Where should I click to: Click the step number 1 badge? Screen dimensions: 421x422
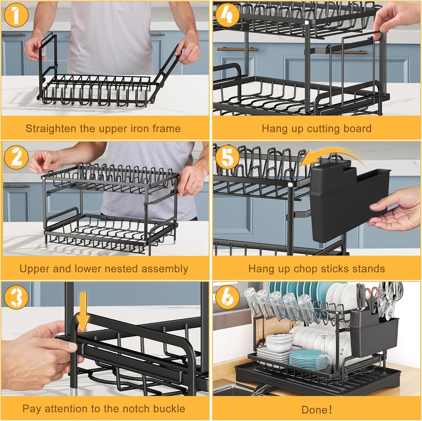16,15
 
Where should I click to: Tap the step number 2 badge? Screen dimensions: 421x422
16,157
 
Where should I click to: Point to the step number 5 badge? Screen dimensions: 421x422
227,157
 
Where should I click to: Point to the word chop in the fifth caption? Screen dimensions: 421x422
305,269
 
